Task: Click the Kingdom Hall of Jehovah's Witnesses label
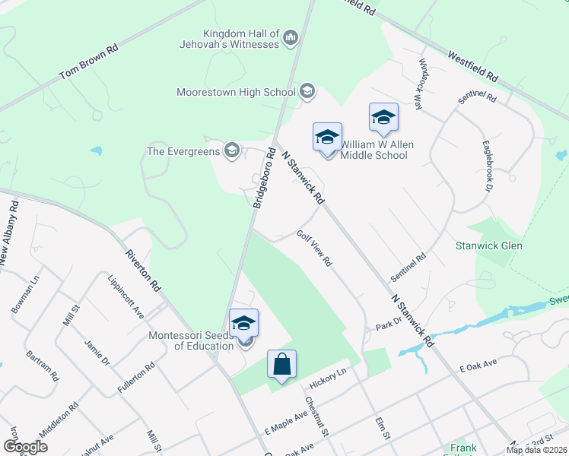(x=240, y=38)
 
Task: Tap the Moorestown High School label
(x=236, y=93)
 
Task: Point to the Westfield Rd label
(x=472, y=67)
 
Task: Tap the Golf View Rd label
(x=315, y=249)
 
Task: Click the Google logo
(x=26, y=447)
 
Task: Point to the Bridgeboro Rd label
(x=262, y=179)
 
